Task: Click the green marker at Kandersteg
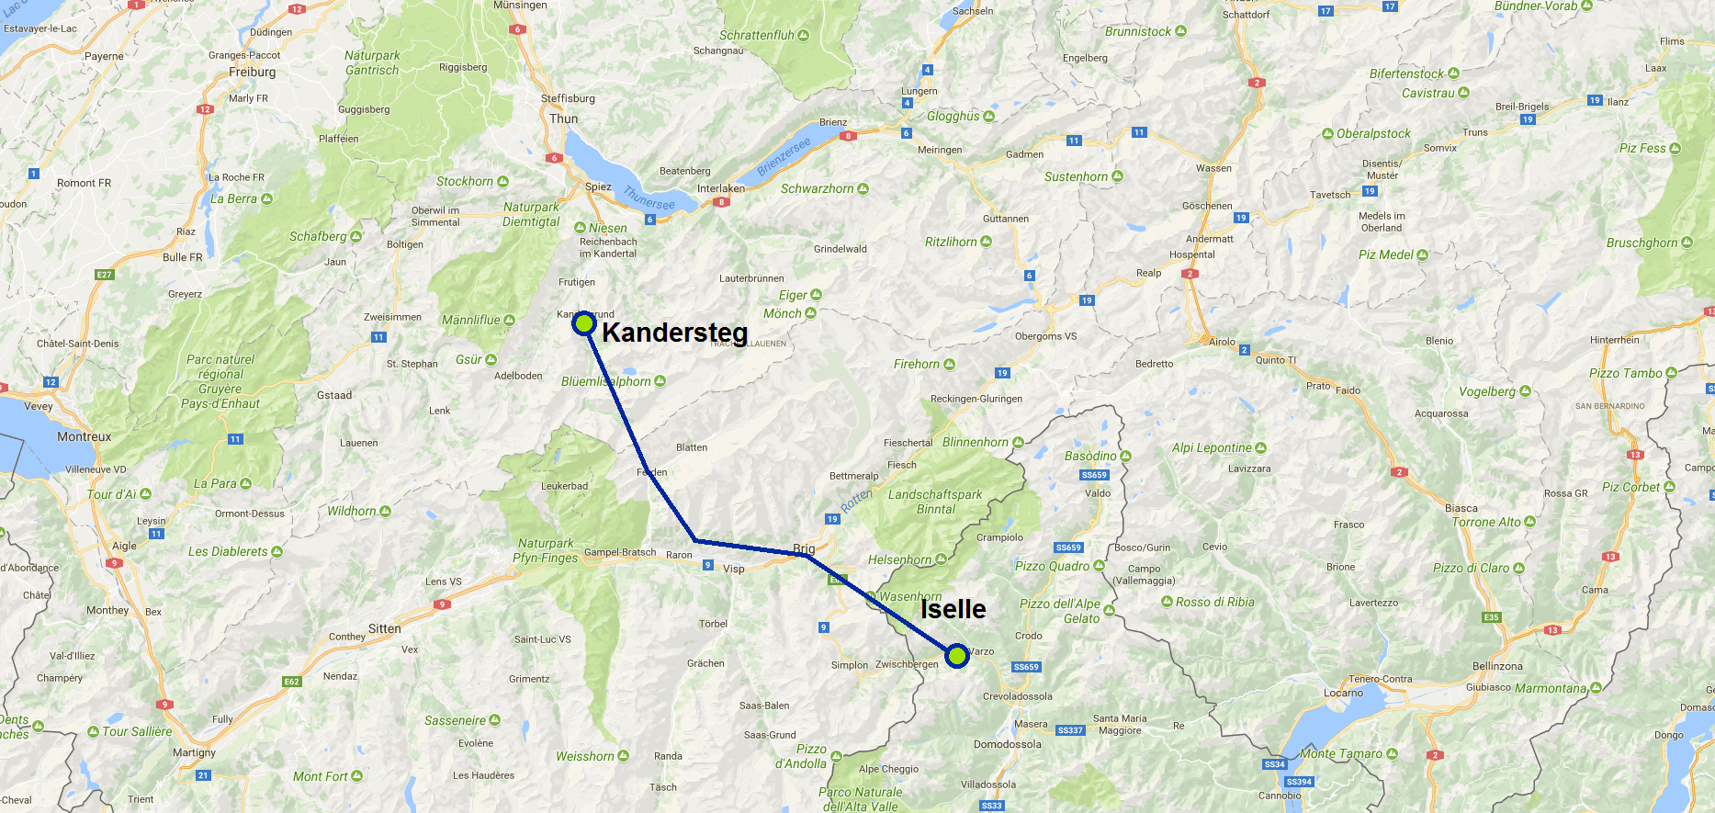584,323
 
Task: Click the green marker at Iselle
957,656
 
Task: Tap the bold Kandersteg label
674,333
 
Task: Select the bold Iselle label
953,609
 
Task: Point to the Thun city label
564,119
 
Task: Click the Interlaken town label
720,188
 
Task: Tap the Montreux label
84,436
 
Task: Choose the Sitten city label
385,628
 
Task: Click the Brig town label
804,548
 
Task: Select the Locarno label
1343,693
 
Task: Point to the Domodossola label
1008,744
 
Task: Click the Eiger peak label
793,295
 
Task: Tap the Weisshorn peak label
585,756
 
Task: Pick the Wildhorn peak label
352,511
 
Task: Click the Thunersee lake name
649,198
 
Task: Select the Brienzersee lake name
784,157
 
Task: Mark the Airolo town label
1222,342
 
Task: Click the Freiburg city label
253,72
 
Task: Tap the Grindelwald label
840,249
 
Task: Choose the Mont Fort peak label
321,776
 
